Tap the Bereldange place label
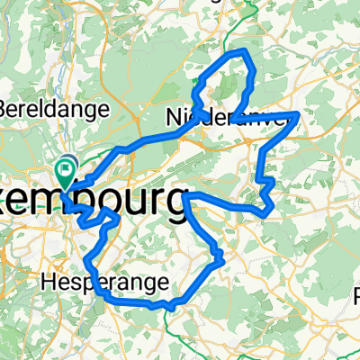click(x=53, y=109)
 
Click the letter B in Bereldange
click(x=6, y=109)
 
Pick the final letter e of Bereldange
click(x=103, y=110)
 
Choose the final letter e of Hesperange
click(x=163, y=283)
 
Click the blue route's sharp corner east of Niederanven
click(x=298, y=114)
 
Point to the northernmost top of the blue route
click(x=241, y=52)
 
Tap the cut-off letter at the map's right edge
click(x=356, y=295)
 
